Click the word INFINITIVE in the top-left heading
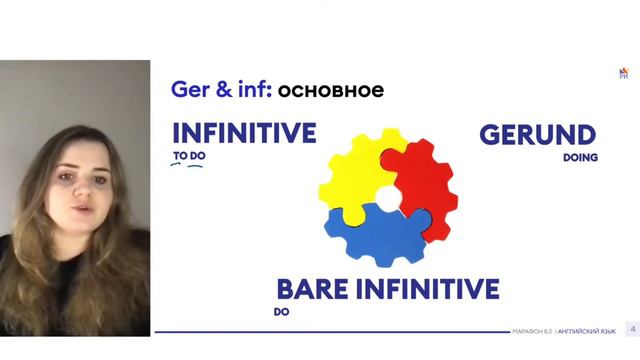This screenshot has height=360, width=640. pos(244,134)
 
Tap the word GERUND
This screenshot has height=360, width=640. pos(537,135)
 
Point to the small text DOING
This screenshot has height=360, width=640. pos(580,157)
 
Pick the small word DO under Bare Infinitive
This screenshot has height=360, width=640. pos(280,312)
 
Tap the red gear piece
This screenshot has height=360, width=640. pos(420,180)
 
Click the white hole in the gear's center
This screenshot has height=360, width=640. pos(386,197)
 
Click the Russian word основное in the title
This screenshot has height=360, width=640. pos(330,91)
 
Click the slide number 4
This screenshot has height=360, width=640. pos(631,329)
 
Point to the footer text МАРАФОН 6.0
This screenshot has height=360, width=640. pos(532,331)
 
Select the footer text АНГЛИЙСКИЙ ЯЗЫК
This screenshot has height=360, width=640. pos(588,331)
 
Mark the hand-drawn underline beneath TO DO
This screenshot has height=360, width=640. pos(187,167)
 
